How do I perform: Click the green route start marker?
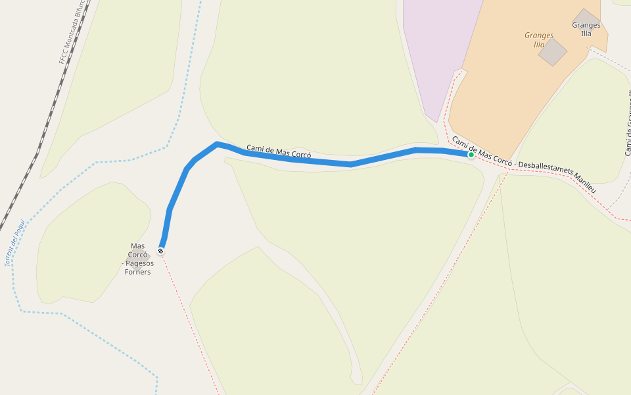point(471,155)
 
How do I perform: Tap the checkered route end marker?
point(160,251)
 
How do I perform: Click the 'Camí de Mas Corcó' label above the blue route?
point(279,151)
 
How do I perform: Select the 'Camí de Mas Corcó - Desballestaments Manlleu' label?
point(523,165)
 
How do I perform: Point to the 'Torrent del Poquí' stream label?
point(14,243)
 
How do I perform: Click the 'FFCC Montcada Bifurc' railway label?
point(72,34)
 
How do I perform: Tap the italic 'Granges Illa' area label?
point(539,39)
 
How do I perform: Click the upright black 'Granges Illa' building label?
point(586,30)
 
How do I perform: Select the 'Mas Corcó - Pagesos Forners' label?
point(137,259)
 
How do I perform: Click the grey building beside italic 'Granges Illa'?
point(553,52)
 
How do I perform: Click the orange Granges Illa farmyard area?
point(500,99)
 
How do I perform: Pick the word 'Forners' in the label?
point(137,272)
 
